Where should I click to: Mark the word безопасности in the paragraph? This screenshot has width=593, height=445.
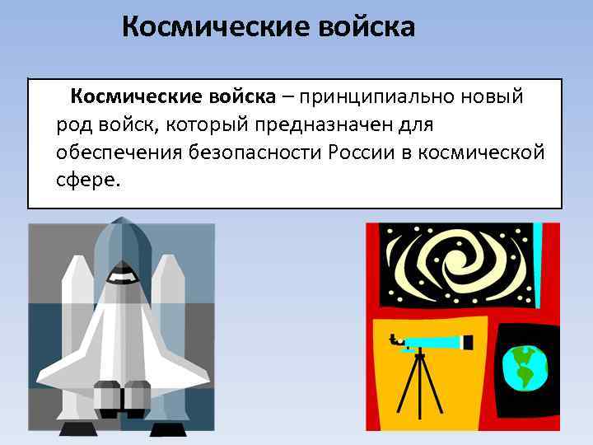tap(254, 153)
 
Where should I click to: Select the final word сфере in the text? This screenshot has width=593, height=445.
tap(87, 180)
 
